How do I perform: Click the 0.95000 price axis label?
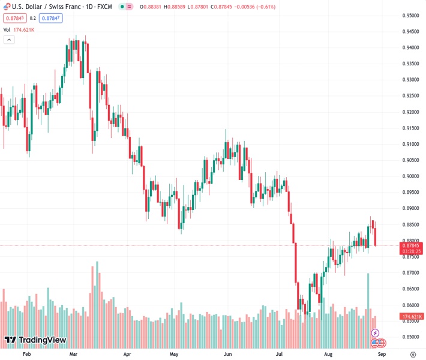pos(411,16)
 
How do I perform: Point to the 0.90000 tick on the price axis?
pos(411,176)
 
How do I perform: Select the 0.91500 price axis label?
pos(411,128)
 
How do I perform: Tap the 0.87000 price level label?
pos(411,272)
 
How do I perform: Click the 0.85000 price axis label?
pos(411,337)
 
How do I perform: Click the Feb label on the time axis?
pos(26,355)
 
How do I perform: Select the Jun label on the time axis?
pos(227,355)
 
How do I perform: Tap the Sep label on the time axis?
pos(381,355)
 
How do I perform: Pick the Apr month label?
pos(127,355)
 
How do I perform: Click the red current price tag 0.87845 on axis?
pos(411,245)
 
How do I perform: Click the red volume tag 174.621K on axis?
pos(411,316)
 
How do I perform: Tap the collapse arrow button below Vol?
pos(9,40)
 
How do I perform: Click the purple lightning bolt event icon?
pos(375,333)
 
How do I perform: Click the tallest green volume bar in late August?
pos(368,297)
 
